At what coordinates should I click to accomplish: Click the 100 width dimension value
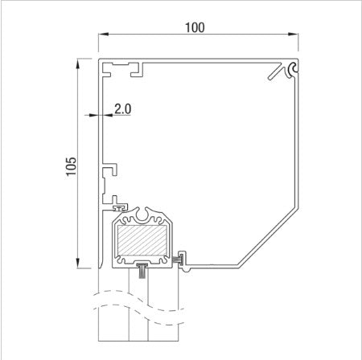point(194,27)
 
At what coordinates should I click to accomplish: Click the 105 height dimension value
point(72,166)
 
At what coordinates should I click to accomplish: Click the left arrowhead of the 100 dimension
point(102,35)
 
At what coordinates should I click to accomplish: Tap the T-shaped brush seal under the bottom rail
point(142,268)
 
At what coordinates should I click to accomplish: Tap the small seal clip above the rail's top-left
point(118,204)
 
